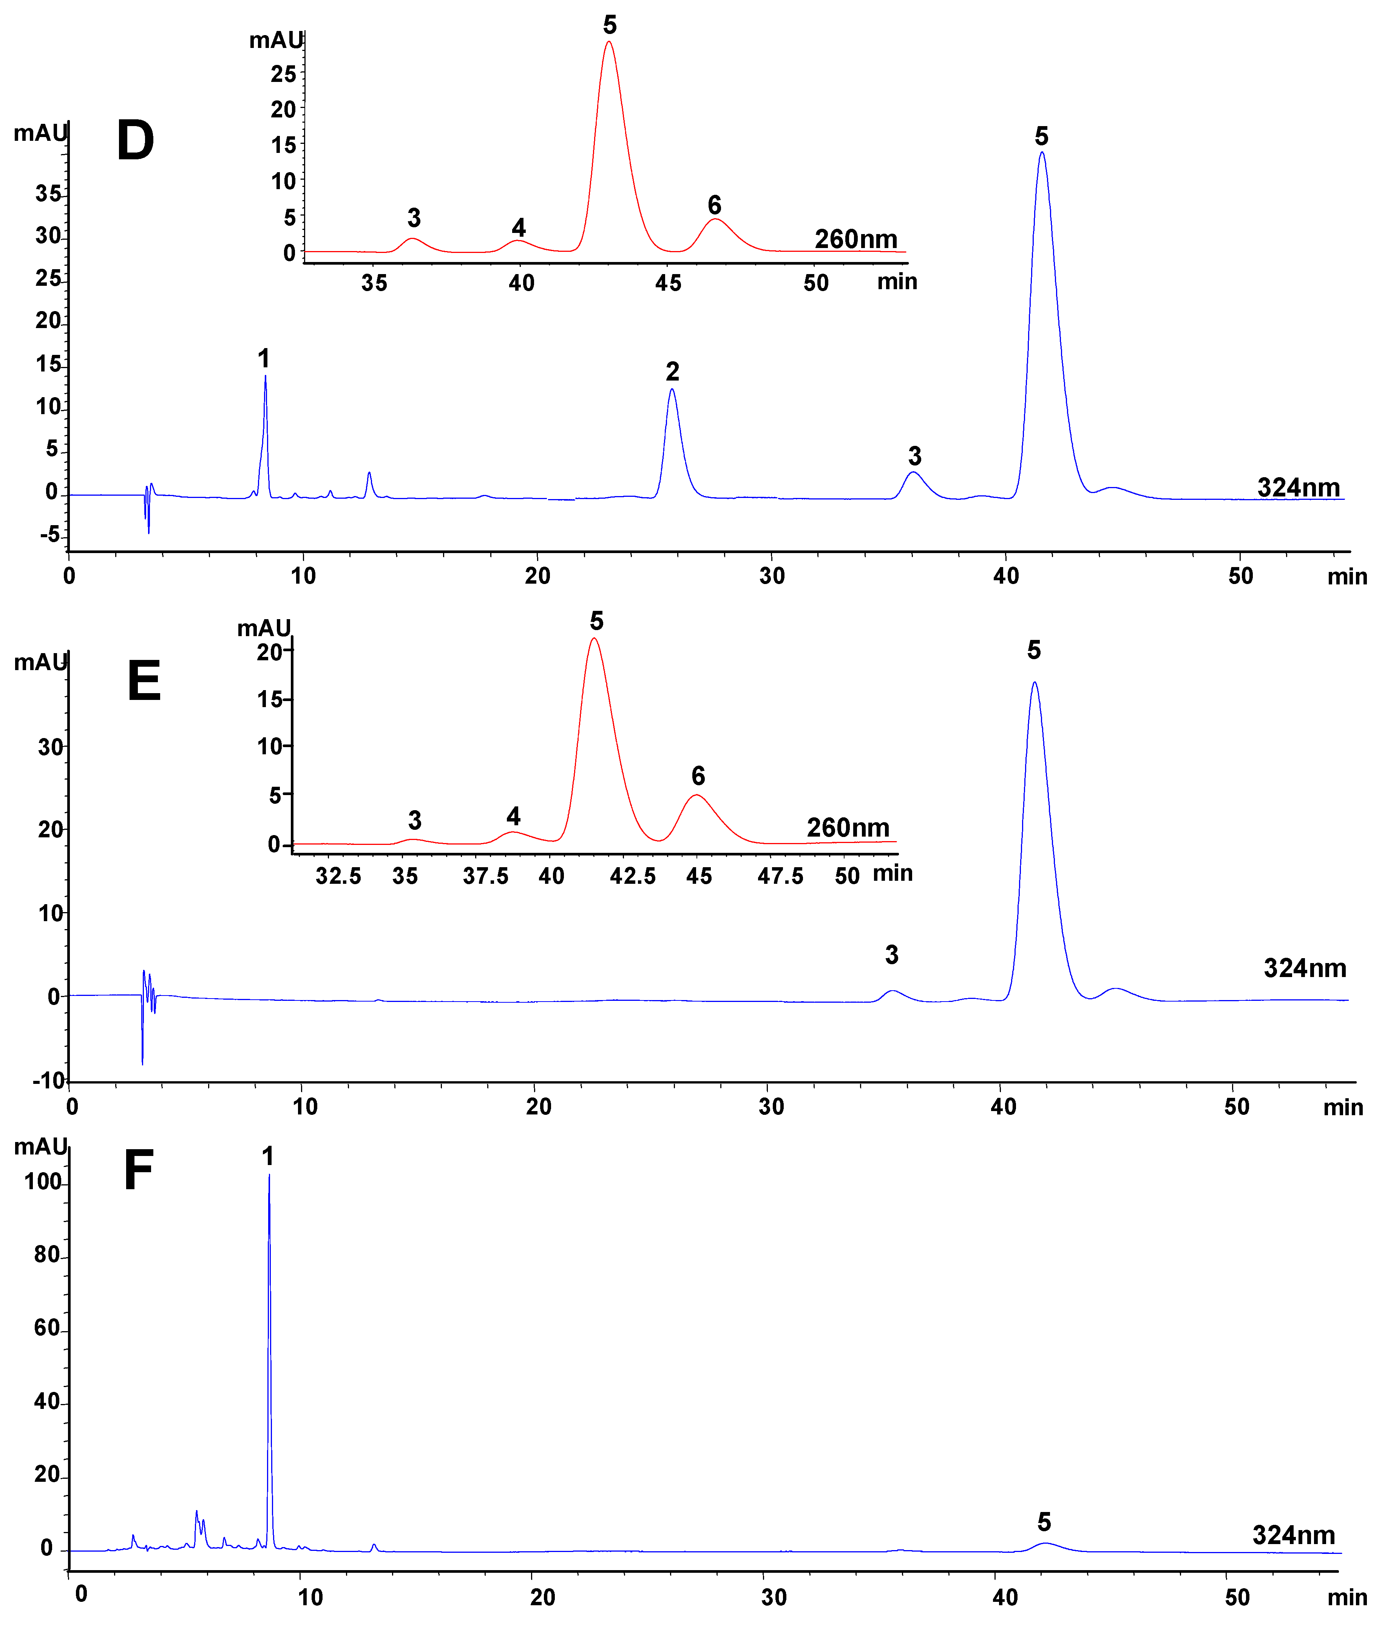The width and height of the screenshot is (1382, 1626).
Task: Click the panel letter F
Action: pyautogui.click(x=139, y=1171)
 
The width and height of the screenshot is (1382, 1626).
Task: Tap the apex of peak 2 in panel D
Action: pyautogui.click(x=672, y=389)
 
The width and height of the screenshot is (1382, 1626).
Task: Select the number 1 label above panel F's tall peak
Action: pyautogui.click(x=267, y=1156)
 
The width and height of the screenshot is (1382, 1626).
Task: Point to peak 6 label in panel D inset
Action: pyautogui.click(x=714, y=205)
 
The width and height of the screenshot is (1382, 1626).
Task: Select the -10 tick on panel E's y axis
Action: pyautogui.click(x=49, y=1081)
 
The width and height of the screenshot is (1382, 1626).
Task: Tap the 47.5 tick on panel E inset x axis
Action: pyautogui.click(x=780, y=875)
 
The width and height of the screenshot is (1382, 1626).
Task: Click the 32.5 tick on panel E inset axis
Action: pyautogui.click(x=338, y=875)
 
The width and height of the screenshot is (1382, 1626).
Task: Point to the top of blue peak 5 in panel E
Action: pyautogui.click(x=1034, y=682)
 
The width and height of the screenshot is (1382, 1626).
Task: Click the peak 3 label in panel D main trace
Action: pyautogui.click(x=914, y=456)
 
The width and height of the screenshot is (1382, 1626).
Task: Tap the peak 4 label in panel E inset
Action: pyautogui.click(x=513, y=816)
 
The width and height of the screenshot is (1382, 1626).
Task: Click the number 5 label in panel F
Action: pyautogui.click(x=1044, y=1522)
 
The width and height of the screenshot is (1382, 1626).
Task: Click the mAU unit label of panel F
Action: pyautogui.click(x=41, y=1147)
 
